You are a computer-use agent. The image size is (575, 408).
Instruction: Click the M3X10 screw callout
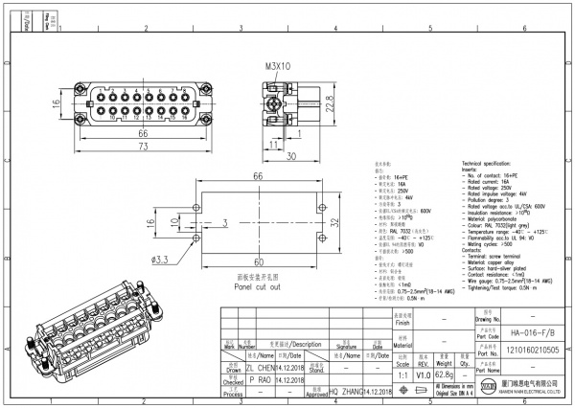click(x=278, y=67)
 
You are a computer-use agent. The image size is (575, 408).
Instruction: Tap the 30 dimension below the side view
click(x=289, y=156)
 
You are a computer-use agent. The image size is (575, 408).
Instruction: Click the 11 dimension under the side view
click(x=273, y=143)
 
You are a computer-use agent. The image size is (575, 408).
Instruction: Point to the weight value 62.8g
click(x=444, y=375)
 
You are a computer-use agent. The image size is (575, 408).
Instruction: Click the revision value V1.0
click(x=423, y=375)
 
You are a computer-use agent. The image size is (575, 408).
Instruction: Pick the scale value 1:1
click(x=400, y=375)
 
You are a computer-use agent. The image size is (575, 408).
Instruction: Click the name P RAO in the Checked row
click(x=260, y=379)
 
